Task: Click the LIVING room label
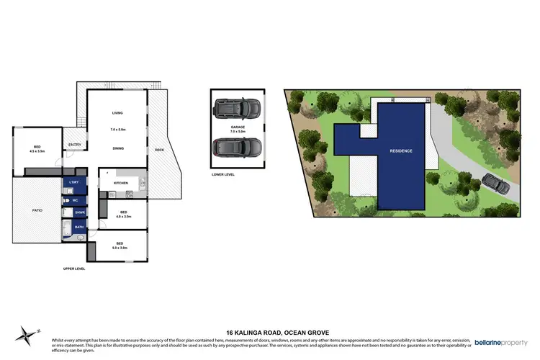[118, 114]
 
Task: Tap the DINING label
[118, 148]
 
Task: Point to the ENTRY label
[75, 145]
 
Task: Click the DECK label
[159, 150]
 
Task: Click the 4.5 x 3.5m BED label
[37, 149]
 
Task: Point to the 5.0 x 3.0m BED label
[120, 245]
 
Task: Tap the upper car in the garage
[238, 108]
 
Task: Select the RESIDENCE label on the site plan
[401, 150]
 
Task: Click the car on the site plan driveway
[497, 184]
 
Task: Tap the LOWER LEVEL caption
[224, 174]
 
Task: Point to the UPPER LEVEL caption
[74, 269]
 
